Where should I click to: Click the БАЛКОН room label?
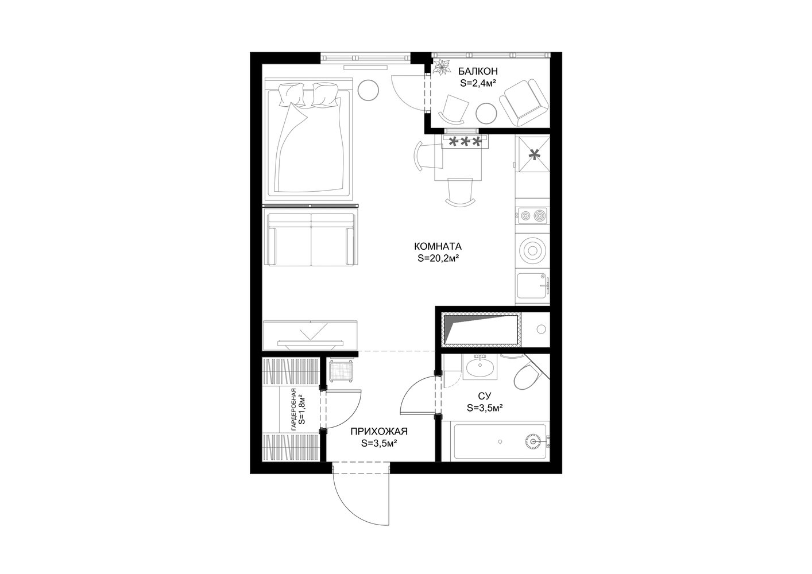[478, 71]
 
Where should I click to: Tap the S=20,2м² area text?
[439, 258]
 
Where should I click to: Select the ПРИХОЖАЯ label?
[379, 431]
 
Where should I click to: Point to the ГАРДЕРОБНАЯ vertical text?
[294, 409]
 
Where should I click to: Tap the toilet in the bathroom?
[527, 376]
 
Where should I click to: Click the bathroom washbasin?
[480, 367]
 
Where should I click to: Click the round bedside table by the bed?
[368, 90]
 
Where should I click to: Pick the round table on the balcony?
[486, 114]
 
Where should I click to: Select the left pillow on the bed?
[291, 94]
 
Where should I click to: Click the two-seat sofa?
[311, 239]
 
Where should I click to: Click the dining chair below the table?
[461, 192]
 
